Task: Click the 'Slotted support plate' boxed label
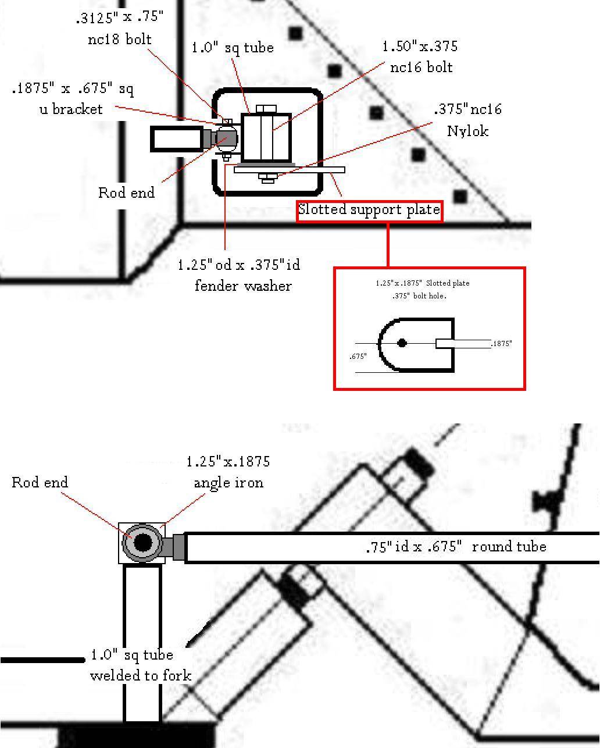pyautogui.click(x=369, y=210)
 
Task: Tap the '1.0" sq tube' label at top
pyautogui.click(x=233, y=48)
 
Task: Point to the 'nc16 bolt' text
pyautogui.click(x=421, y=67)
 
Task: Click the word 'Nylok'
pyautogui.click(x=467, y=131)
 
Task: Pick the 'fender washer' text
pyautogui.click(x=243, y=286)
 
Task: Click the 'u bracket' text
pyautogui.click(x=71, y=109)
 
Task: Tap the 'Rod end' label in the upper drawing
pyautogui.click(x=127, y=193)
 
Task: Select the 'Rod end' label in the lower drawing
pyautogui.click(x=40, y=483)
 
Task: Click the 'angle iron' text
pyautogui.click(x=228, y=483)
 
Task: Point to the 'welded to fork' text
pyautogui.click(x=141, y=675)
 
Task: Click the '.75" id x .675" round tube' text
pyautogui.click(x=456, y=547)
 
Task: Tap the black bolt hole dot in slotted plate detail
pyautogui.click(x=402, y=343)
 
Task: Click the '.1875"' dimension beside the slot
pyautogui.click(x=501, y=344)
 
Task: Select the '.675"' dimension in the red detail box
pyautogui.click(x=358, y=357)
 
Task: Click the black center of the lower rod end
pyautogui.click(x=142, y=543)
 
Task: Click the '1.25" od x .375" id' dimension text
pyautogui.click(x=238, y=265)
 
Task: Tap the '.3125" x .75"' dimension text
pyautogui.click(x=119, y=18)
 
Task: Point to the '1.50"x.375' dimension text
pyautogui.click(x=420, y=47)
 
